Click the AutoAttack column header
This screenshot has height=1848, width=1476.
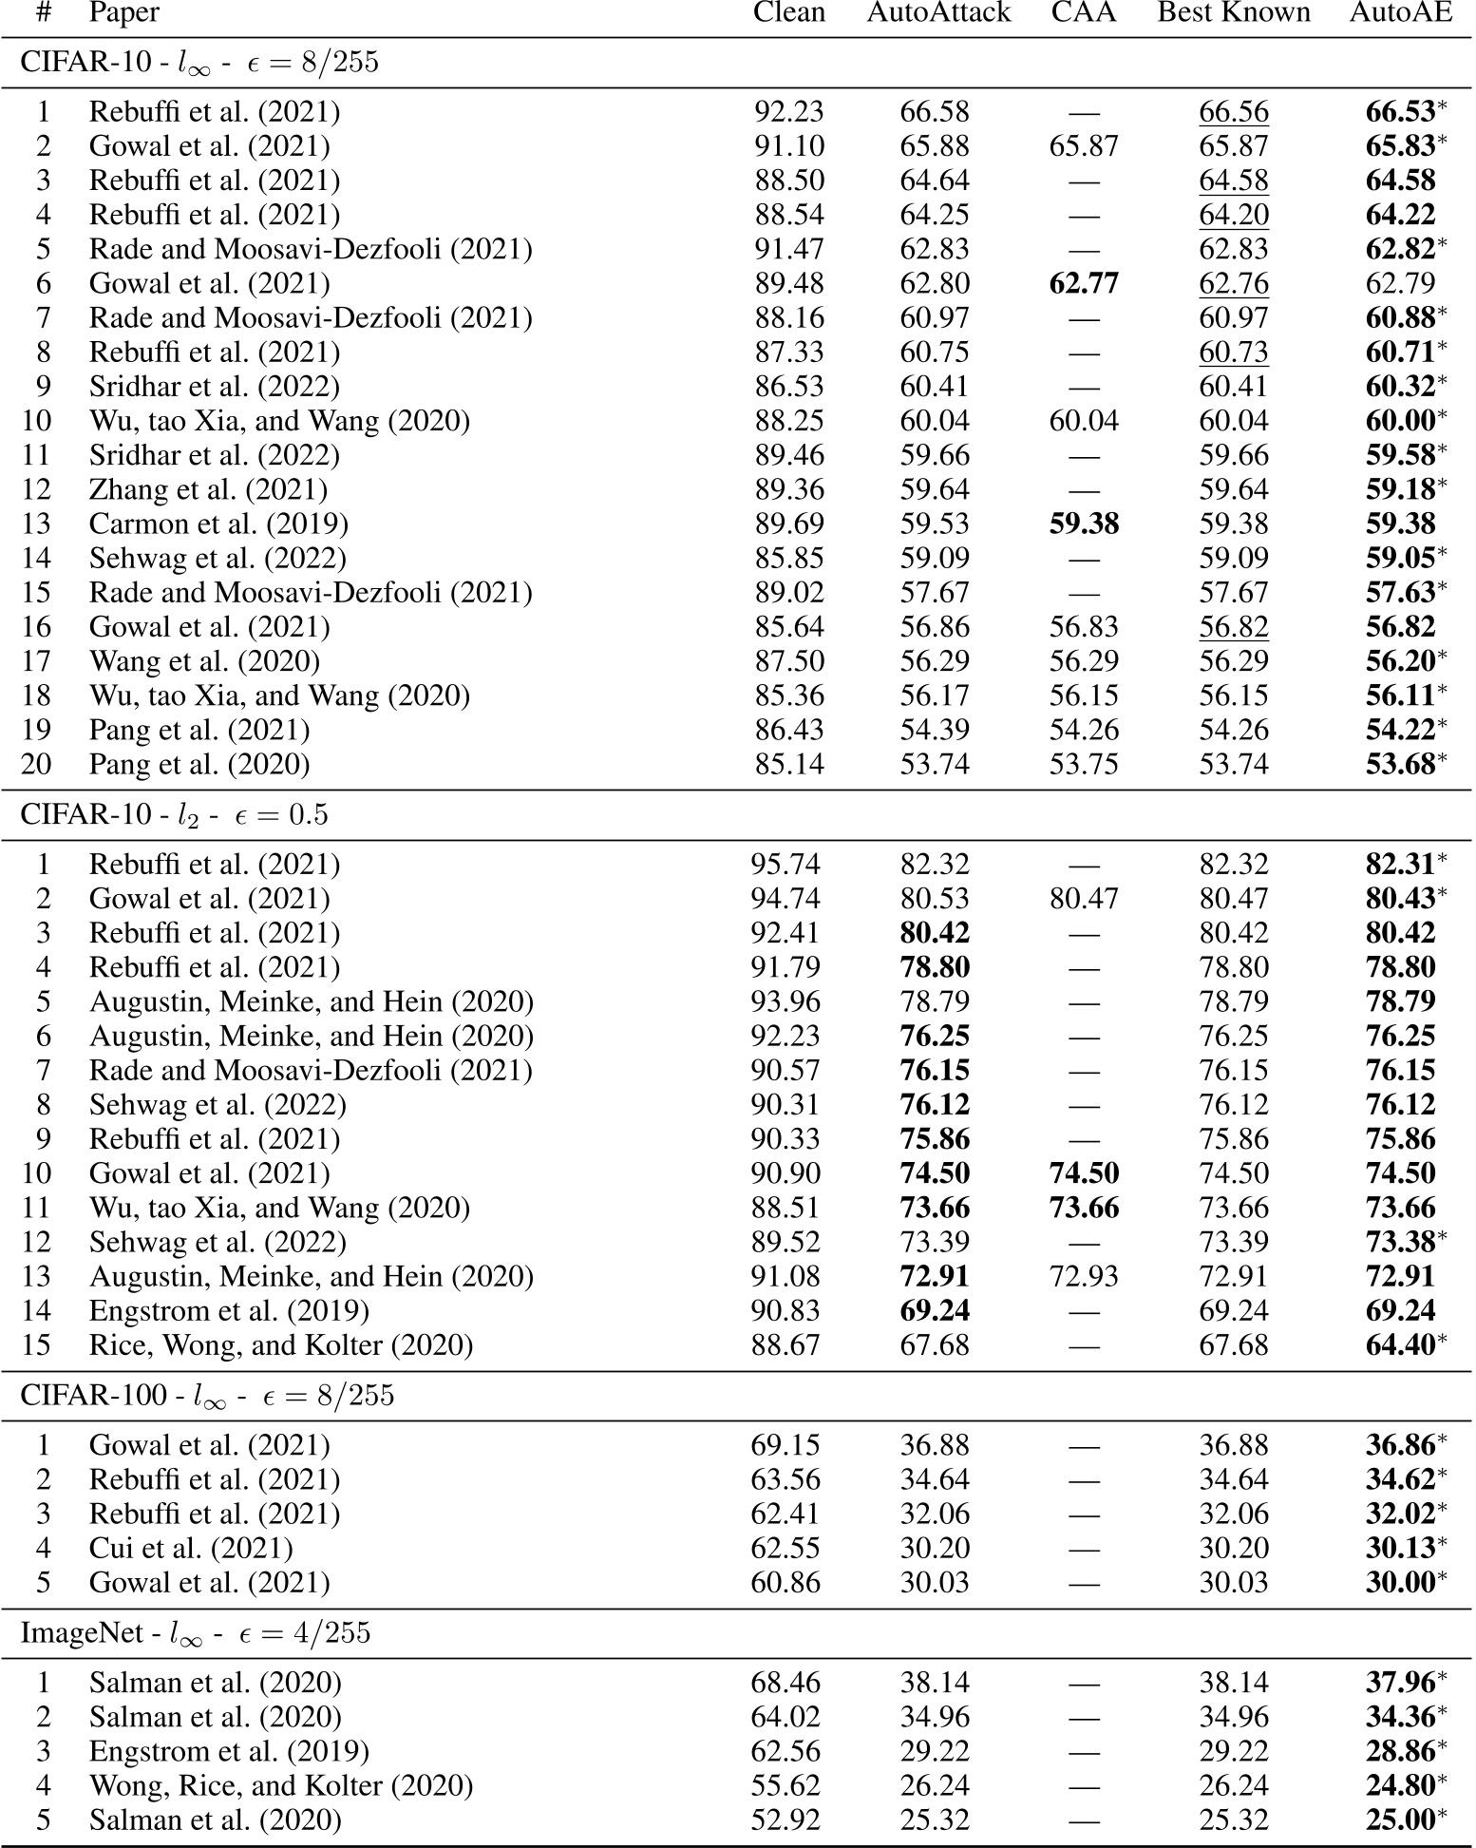(938, 13)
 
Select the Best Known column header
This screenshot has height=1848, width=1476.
(1233, 13)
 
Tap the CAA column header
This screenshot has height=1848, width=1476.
(1084, 13)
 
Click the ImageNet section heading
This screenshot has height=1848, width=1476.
(196, 1633)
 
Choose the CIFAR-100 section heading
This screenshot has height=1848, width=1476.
(207, 1396)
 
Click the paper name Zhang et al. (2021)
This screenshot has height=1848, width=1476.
(208, 489)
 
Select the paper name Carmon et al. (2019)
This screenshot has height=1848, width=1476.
(218, 524)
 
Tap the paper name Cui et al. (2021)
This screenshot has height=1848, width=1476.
(191, 1548)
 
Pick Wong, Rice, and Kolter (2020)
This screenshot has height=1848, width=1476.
(281, 1785)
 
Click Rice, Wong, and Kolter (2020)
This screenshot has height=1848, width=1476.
(281, 1344)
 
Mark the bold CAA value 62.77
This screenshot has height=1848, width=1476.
(1084, 283)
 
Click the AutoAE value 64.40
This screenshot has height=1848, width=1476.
(1400, 1344)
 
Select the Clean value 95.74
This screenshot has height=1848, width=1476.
(785, 864)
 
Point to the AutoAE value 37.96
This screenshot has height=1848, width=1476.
(1400, 1683)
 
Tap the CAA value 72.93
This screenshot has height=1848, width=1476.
(1084, 1276)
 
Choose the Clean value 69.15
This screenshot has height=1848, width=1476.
(785, 1445)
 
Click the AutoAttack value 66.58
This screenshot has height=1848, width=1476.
(935, 112)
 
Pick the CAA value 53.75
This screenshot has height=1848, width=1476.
(1084, 764)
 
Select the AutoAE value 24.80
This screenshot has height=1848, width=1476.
(1400, 1785)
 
